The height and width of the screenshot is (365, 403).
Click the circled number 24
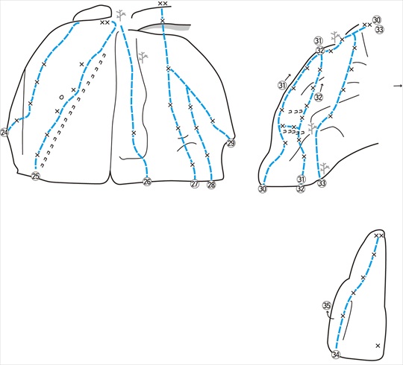point(4,133)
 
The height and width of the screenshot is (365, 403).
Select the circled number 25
point(36,177)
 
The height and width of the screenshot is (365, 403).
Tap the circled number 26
point(147,182)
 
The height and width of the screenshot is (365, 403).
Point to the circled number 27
point(195,184)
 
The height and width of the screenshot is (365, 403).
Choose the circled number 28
point(211,185)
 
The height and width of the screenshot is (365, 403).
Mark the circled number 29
point(231,143)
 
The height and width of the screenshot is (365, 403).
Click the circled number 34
point(336,355)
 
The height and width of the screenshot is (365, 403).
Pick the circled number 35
point(327,305)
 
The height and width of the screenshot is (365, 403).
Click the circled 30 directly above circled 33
point(377,20)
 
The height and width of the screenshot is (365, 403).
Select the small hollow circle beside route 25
point(61,98)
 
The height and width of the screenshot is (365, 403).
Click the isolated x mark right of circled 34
point(378,346)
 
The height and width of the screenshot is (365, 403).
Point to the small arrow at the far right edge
point(398,86)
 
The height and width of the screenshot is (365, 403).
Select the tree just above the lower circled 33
point(325,168)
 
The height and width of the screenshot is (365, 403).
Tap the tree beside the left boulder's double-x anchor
point(121,15)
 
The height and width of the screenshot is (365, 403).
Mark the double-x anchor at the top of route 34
point(379,235)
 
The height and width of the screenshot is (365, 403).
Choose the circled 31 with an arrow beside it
point(282,85)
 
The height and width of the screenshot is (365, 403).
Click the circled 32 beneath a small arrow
point(319,98)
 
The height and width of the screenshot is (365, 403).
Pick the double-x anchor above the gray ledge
point(163,3)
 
